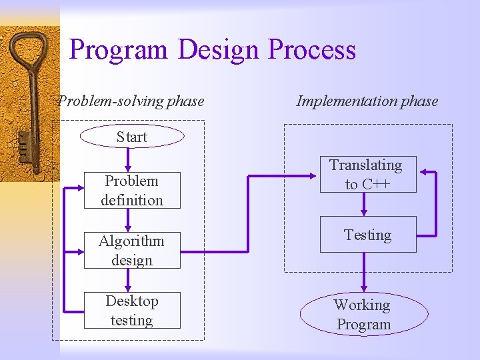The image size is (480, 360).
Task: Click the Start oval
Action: (131, 136)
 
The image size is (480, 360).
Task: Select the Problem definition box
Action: (132, 190)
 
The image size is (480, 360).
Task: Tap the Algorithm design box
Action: (132, 250)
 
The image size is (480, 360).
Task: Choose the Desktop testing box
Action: (132, 310)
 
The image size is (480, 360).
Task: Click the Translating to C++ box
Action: (368, 174)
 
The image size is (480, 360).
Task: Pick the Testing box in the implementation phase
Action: (368, 234)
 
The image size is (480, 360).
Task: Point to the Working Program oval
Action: (363, 314)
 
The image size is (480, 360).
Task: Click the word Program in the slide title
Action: (119, 50)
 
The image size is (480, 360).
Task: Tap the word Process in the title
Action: (312, 50)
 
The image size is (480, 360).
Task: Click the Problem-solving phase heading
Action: (131, 101)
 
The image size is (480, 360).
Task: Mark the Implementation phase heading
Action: (367, 101)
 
